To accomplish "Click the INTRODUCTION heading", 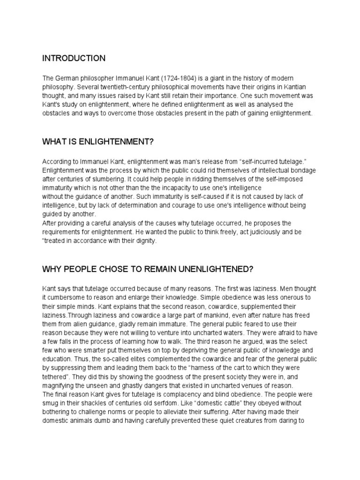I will click(x=74, y=59).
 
